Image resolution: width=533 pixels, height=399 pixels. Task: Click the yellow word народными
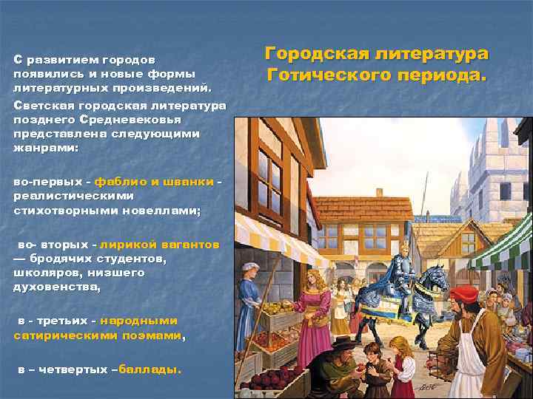coord(138,321)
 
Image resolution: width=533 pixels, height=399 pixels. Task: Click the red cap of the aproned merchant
coord(465,293)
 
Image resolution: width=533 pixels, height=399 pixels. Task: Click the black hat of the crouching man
coord(343,344)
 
